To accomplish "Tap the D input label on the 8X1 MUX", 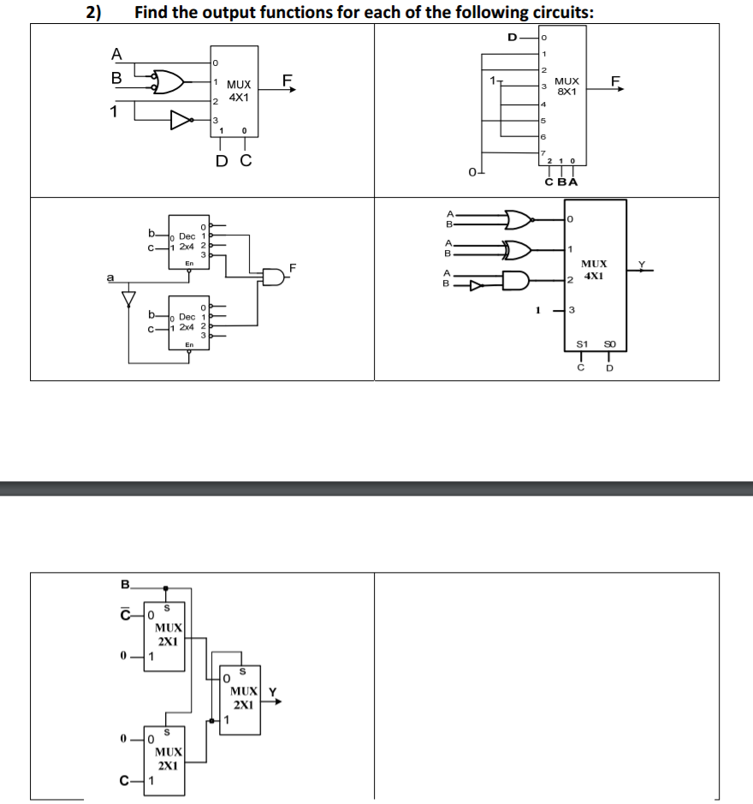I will coord(513,37).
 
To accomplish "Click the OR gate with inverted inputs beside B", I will coord(169,81).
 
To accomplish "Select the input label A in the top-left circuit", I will coord(116,54).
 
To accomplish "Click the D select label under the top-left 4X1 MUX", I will coord(221,159).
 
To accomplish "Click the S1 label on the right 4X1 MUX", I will coord(579,345).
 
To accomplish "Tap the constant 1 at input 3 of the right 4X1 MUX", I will coord(537,309).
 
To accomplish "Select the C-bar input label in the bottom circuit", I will coord(125,613).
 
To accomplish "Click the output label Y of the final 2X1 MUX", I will coord(273,692).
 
